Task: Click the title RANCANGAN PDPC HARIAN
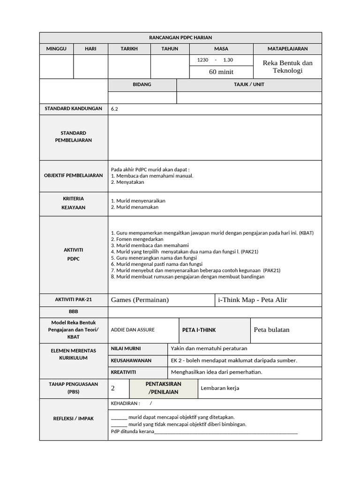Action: pyautogui.click(x=180, y=37)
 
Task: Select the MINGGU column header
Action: pyautogui.click(x=56, y=49)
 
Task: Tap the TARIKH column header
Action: pyautogui.click(x=129, y=49)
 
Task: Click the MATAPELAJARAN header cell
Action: pyautogui.click(x=287, y=49)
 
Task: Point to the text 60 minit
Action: pyautogui.click(x=221, y=72)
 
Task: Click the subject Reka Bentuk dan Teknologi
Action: pyautogui.click(x=287, y=67)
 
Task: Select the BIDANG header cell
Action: pyautogui.click(x=142, y=85)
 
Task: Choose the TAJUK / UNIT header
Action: pyautogui.click(x=249, y=85)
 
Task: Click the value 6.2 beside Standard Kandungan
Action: pyautogui.click(x=115, y=109)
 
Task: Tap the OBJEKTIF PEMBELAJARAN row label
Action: pyautogui.click(x=74, y=175)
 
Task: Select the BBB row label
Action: pyautogui.click(x=74, y=312)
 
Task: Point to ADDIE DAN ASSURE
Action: pyautogui.click(x=133, y=330)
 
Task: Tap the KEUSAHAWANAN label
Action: pyautogui.click(x=131, y=360)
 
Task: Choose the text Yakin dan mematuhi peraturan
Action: pyautogui.click(x=209, y=348)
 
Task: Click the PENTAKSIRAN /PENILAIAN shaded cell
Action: pyautogui.click(x=163, y=388)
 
